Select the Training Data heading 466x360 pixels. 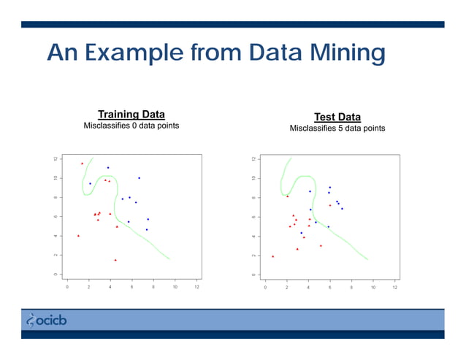(131, 115)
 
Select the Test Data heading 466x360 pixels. (337, 117)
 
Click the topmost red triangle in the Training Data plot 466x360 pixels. (82, 164)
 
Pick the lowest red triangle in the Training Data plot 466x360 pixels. (115, 260)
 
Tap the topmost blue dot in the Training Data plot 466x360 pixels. (108, 168)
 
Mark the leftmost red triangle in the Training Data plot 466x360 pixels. (78, 236)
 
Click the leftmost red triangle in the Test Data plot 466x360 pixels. (272, 256)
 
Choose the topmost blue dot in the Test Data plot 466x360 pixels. (329, 187)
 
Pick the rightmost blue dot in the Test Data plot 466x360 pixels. (342, 209)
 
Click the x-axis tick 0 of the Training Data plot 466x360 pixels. (67, 287)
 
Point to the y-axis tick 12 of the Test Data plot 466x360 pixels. (253, 159)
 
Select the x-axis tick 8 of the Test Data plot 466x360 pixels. (351, 287)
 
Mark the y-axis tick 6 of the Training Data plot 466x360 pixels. (55, 217)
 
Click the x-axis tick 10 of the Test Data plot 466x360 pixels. (373, 287)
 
